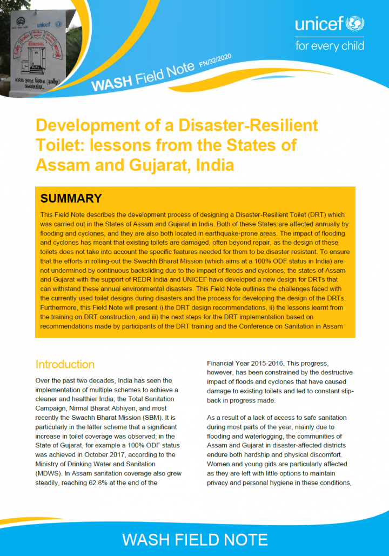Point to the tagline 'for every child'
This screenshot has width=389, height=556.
pyautogui.click(x=330, y=46)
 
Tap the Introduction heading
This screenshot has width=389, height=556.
pyautogui.click(x=65, y=364)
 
